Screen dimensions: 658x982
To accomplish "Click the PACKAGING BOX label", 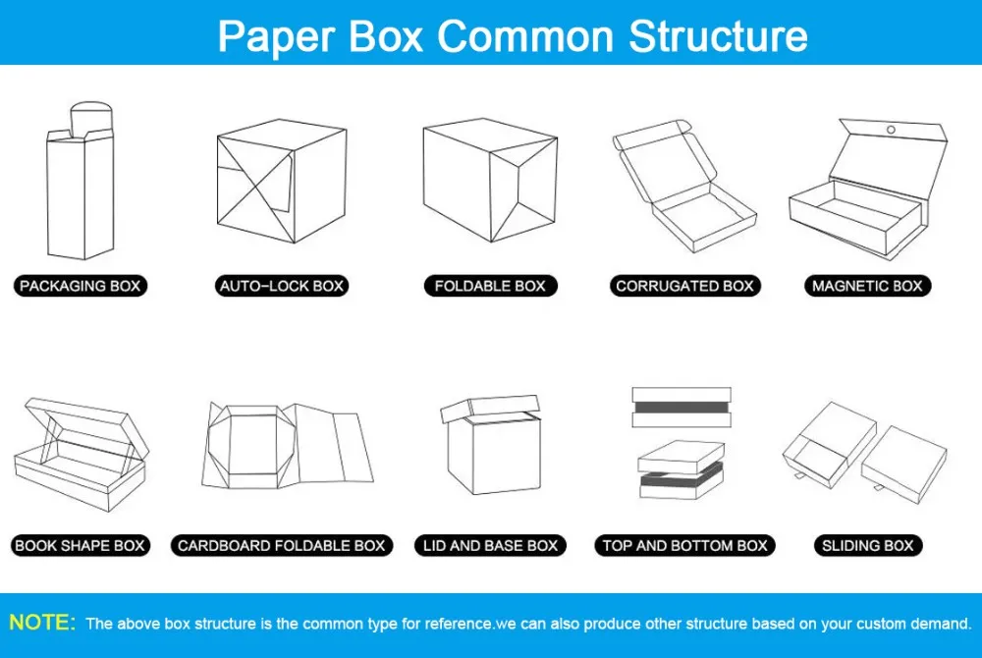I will [x=81, y=287].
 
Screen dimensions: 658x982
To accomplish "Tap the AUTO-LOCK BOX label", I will [x=282, y=287].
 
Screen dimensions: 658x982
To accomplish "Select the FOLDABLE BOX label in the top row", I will [x=490, y=287].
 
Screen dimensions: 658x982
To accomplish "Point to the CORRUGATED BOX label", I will [x=684, y=287].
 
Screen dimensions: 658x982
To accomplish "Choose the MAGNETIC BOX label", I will [x=867, y=287].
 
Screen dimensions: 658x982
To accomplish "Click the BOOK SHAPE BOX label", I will [x=81, y=546].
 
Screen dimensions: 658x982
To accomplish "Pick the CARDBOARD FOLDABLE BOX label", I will [x=282, y=546].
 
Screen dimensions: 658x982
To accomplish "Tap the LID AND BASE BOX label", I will [x=490, y=546].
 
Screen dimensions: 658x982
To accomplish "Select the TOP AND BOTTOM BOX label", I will [x=684, y=546].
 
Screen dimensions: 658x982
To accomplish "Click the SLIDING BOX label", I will [x=867, y=546].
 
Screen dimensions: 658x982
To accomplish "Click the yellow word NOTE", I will [x=41, y=623].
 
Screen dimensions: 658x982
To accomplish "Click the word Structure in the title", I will [x=718, y=35].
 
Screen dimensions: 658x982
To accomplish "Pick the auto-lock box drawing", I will [x=281, y=186].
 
